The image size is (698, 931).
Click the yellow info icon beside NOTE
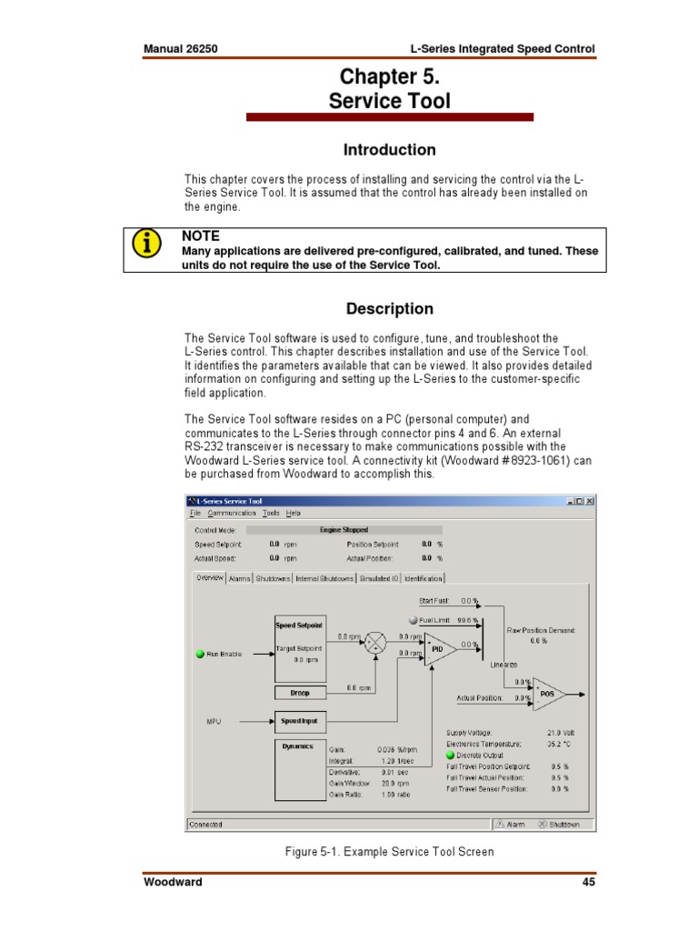(x=145, y=244)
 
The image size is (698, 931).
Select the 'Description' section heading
(x=389, y=308)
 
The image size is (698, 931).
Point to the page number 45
(x=587, y=882)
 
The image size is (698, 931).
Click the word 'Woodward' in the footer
(x=173, y=882)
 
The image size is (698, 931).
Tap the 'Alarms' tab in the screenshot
(x=240, y=578)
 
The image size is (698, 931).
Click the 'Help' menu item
(x=294, y=513)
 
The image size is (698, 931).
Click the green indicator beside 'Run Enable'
(x=200, y=654)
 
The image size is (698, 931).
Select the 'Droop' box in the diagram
(x=300, y=693)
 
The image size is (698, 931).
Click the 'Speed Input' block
(x=299, y=721)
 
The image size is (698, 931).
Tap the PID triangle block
(x=437, y=649)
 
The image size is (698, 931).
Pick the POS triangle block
(x=547, y=694)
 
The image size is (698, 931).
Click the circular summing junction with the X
(x=375, y=645)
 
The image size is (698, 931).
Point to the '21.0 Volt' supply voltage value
(x=560, y=732)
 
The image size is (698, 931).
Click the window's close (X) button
(x=590, y=501)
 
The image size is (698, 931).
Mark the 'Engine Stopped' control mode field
(x=344, y=529)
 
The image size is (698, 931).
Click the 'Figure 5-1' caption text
(x=389, y=852)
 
